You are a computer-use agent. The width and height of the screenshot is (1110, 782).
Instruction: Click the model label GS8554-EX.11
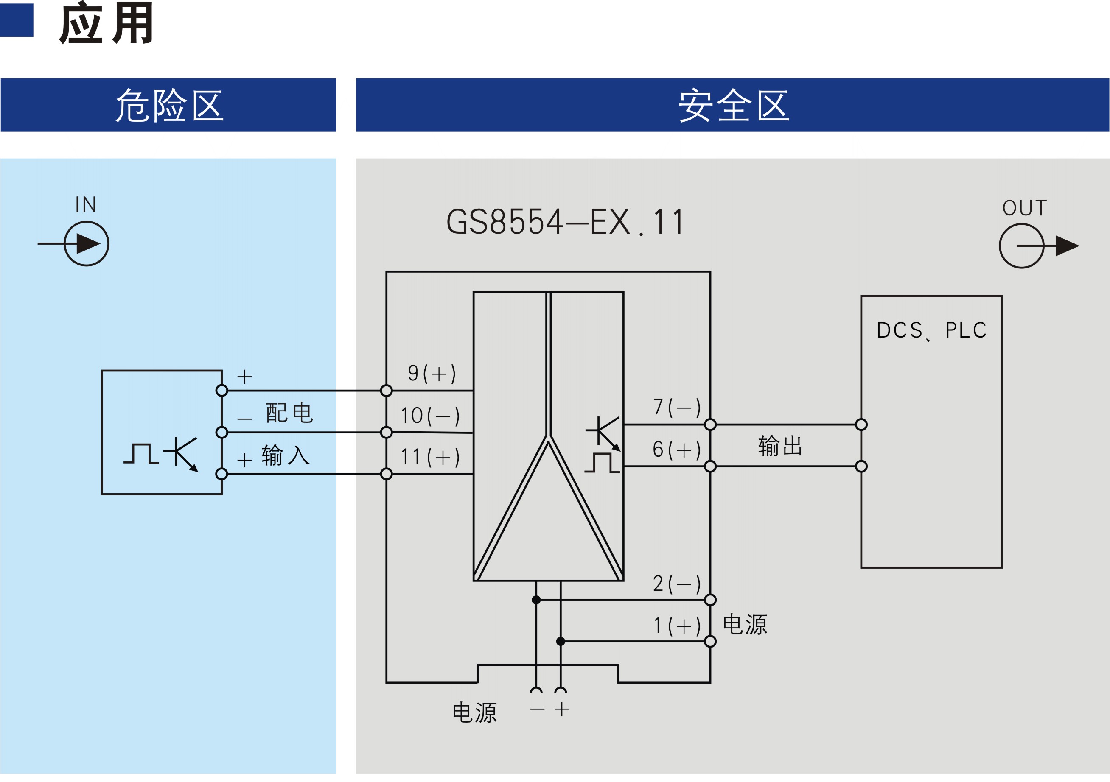[565, 222]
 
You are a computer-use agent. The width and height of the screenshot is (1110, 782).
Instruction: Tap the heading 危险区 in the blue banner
[169, 105]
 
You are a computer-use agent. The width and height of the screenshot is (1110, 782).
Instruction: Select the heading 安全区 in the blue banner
[733, 105]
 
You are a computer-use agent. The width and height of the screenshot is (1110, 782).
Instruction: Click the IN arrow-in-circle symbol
[87, 243]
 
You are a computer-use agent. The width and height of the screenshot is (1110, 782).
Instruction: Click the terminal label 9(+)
[432, 374]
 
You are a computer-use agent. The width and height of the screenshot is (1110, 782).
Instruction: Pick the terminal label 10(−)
[430, 416]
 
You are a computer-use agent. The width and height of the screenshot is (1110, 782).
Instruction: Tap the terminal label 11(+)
[430, 457]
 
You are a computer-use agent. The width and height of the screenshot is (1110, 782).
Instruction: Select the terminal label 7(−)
[677, 408]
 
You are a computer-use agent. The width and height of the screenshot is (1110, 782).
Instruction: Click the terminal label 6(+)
[677, 450]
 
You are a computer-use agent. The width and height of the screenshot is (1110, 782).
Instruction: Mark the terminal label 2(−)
[677, 584]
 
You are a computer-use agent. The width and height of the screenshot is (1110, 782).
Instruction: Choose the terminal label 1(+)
[677, 626]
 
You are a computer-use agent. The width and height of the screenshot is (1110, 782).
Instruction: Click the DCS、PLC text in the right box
[931, 331]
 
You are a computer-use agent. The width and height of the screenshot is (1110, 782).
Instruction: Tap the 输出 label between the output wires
[780, 446]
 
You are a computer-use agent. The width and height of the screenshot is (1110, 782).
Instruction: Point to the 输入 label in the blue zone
[285, 455]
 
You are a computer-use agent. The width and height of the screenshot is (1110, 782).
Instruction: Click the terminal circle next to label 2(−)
[710, 600]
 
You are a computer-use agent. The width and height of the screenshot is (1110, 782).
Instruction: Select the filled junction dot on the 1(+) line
[561, 641]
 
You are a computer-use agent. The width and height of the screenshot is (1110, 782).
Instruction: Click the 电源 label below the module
[474, 712]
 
